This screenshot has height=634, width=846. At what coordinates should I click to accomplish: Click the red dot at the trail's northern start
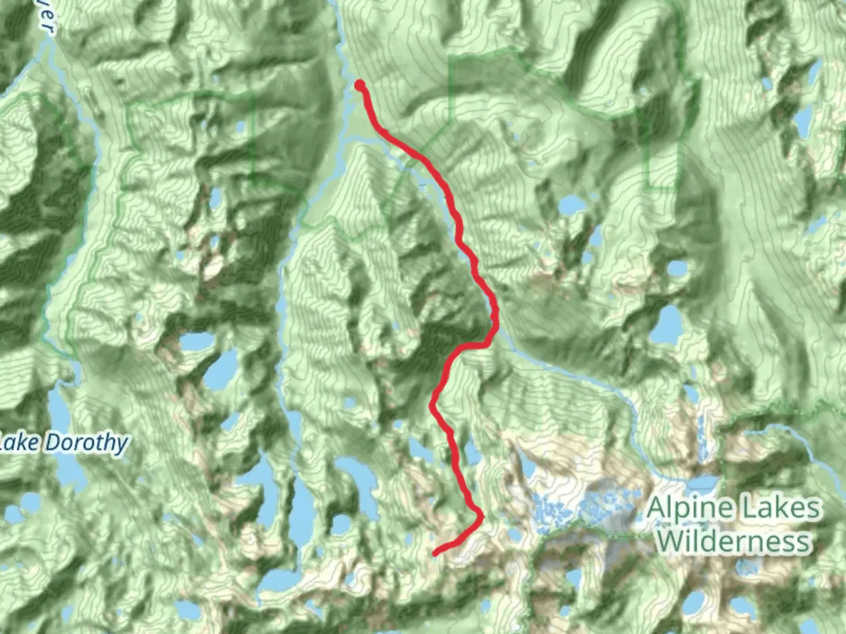tap(359, 86)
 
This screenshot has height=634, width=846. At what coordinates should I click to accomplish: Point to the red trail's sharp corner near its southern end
tap(481, 517)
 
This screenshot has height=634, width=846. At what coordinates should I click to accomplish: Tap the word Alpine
tap(691, 508)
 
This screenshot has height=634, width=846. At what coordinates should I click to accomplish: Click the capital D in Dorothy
tap(53, 442)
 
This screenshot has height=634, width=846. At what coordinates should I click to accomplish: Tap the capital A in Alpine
tap(658, 508)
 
